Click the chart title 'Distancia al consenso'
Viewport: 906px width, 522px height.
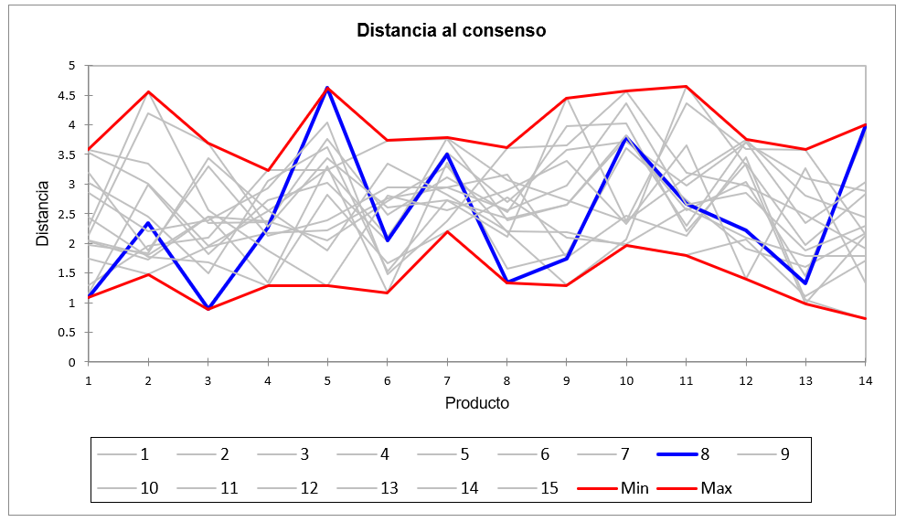tap(451, 30)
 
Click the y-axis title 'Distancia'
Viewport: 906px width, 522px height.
tap(43, 213)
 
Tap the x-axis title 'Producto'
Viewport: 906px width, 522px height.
tap(476, 402)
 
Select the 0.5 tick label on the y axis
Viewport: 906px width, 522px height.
tap(71, 332)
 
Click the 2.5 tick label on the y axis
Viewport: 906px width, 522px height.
tap(71, 214)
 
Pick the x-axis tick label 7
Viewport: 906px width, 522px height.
tap(447, 378)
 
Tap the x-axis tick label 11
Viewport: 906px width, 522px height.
tap(687, 378)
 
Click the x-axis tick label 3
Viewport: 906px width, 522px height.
tap(208, 378)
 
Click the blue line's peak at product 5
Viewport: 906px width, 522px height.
tap(327, 88)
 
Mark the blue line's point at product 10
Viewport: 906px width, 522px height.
tap(626, 138)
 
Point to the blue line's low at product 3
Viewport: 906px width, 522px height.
tap(208, 309)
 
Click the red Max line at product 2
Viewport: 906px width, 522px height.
tap(148, 91)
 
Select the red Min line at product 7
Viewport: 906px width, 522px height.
tap(447, 231)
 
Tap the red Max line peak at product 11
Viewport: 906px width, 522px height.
tap(687, 86)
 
